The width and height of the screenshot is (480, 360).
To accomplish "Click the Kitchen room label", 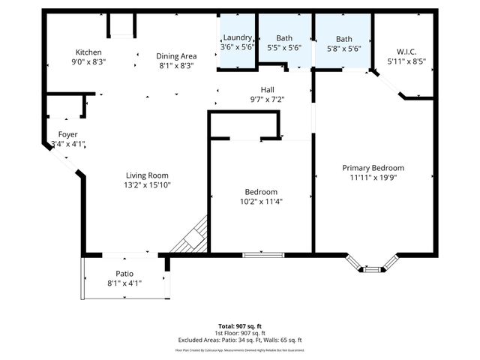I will tap(88, 52).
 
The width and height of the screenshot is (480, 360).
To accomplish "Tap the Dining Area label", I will tap(176, 55).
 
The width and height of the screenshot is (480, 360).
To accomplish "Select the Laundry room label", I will tap(236, 38).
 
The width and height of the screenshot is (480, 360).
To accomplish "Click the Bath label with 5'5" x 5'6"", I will tap(284, 38).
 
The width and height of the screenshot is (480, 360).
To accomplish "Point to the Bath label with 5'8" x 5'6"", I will tap(344, 39).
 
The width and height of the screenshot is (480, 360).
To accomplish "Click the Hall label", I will tap(267, 89).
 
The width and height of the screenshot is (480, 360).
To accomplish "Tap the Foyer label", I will tap(68, 134).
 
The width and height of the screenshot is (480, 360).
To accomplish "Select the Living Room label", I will tap(147, 175).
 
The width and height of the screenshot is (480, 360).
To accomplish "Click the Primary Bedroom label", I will tap(373, 168).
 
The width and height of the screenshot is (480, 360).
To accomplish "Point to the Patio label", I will tap(124, 273).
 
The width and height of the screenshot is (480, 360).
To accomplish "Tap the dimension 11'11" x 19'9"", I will tap(373, 178).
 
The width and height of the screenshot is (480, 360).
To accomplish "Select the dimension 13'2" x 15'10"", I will tap(148, 184).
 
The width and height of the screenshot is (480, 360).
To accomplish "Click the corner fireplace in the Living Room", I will tap(191, 237).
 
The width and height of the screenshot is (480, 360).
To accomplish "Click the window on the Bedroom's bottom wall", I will tap(261, 255).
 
